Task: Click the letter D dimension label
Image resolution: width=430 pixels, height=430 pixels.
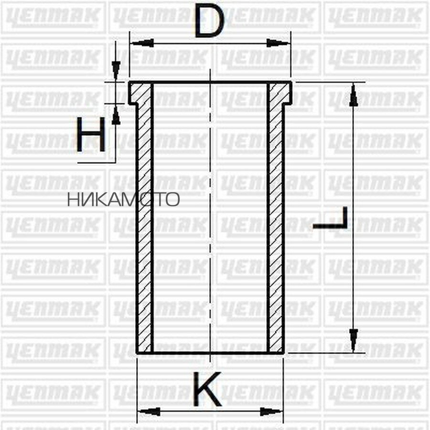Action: click(x=209, y=22)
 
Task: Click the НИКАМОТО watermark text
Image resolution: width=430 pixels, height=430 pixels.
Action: click(x=123, y=199)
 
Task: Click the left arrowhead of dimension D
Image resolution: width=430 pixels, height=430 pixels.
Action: click(x=142, y=43)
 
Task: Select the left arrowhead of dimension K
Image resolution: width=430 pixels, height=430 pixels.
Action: click(x=149, y=411)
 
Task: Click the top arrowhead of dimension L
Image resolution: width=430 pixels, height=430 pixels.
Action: click(x=353, y=95)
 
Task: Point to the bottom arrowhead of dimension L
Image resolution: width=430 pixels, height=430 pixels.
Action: click(x=353, y=340)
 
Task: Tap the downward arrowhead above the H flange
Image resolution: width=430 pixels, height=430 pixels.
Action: click(x=116, y=69)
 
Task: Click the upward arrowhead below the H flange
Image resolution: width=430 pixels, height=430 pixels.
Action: click(x=116, y=115)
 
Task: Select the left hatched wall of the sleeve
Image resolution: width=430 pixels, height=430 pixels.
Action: click(x=144, y=225)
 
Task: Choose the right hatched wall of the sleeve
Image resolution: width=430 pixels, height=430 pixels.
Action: click(x=276, y=225)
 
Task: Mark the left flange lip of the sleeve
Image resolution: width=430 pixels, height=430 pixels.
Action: click(x=134, y=93)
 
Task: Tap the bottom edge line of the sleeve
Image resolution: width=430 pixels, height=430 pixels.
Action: click(x=210, y=353)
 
